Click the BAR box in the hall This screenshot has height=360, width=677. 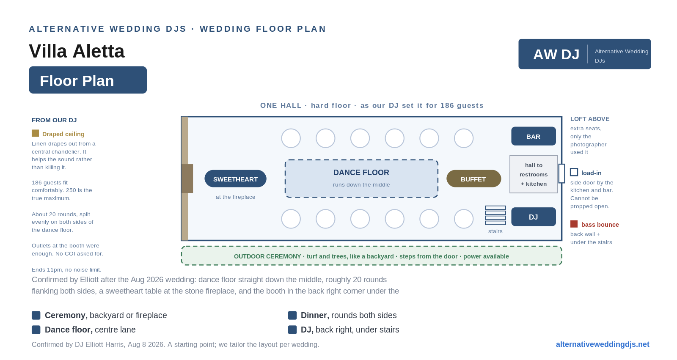point(534,136)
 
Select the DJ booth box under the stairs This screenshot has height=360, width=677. point(534,217)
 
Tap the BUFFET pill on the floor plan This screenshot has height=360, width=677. point(473,179)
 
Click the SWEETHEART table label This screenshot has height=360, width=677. point(235,179)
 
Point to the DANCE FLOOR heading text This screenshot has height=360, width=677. point(361,173)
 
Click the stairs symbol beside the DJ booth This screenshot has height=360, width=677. point(495,215)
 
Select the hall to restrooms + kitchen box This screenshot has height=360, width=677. point(534,174)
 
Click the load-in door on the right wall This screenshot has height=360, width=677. point(561,173)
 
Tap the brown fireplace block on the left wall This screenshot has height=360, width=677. point(187,179)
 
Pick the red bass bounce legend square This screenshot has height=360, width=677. point(574,224)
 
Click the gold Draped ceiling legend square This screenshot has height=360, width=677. point(36,133)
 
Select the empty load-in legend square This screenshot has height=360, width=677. point(574,172)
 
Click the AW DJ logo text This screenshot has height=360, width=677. point(556,55)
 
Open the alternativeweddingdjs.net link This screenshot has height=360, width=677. point(603,344)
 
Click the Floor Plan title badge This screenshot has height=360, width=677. point(88,80)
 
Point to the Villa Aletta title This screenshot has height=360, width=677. point(77,51)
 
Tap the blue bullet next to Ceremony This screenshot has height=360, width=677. point(36,315)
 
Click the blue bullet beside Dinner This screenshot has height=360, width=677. point(292,315)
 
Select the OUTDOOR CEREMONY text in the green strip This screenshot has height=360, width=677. point(267,256)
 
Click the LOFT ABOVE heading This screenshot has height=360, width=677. point(590,119)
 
